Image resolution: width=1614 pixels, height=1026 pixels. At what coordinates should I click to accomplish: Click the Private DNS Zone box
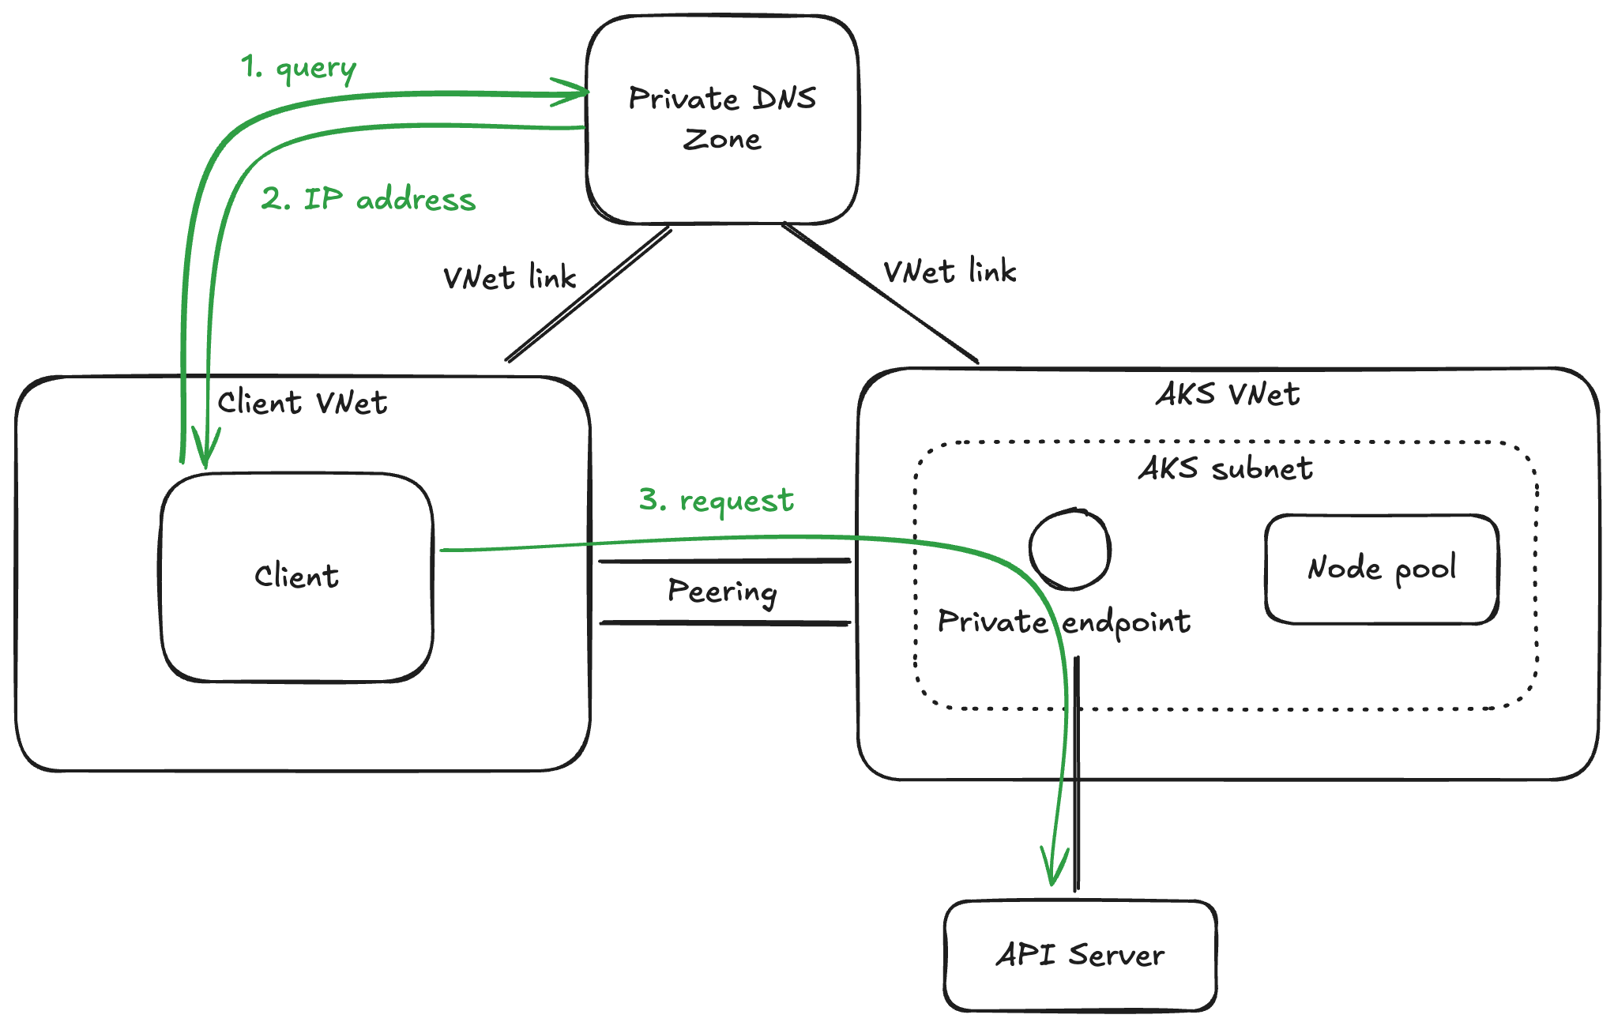click(x=722, y=118)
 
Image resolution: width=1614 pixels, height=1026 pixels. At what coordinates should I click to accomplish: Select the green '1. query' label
click(x=299, y=68)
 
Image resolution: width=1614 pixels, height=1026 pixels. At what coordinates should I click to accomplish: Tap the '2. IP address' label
click(x=368, y=199)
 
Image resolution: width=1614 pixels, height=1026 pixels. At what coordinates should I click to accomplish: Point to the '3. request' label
click(x=716, y=500)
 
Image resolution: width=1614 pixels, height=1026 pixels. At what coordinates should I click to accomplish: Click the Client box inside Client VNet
click(x=296, y=577)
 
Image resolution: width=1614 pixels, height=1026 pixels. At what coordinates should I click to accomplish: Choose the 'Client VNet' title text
click(x=302, y=403)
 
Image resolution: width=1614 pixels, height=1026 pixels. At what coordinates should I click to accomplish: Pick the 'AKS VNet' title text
click(x=1228, y=394)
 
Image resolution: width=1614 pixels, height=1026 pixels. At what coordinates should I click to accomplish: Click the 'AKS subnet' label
click(x=1225, y=468)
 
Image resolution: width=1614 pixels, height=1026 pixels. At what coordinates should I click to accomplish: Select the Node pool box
click(x=1382, y=569)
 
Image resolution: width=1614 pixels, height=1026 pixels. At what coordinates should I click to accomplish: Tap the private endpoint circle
click(x=1070, y=549)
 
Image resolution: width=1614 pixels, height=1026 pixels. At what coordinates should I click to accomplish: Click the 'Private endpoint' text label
click(x=1063, y=622)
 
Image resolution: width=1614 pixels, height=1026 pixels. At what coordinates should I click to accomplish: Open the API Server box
click(x=1080, y=955)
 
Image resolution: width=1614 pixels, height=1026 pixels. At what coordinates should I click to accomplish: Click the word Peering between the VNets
click(x=722, y=592)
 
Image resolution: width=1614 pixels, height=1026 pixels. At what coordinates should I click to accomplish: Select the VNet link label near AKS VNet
click(x=950, y=272)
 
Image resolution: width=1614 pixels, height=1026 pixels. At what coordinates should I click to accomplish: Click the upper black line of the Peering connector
click(x=724, y=561)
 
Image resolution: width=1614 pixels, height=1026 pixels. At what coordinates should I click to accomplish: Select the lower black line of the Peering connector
click(x=724, y=623)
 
